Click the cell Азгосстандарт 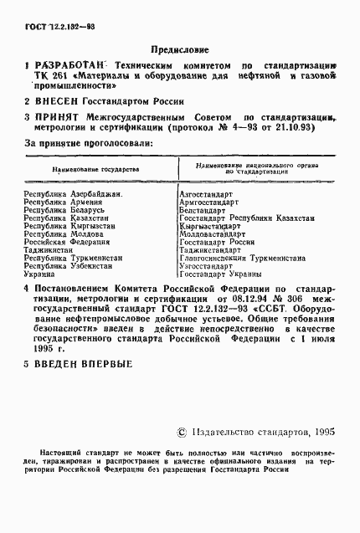[x=206, y=195]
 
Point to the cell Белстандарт [x=203, y=211]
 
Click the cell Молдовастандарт [x=211, y=234]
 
